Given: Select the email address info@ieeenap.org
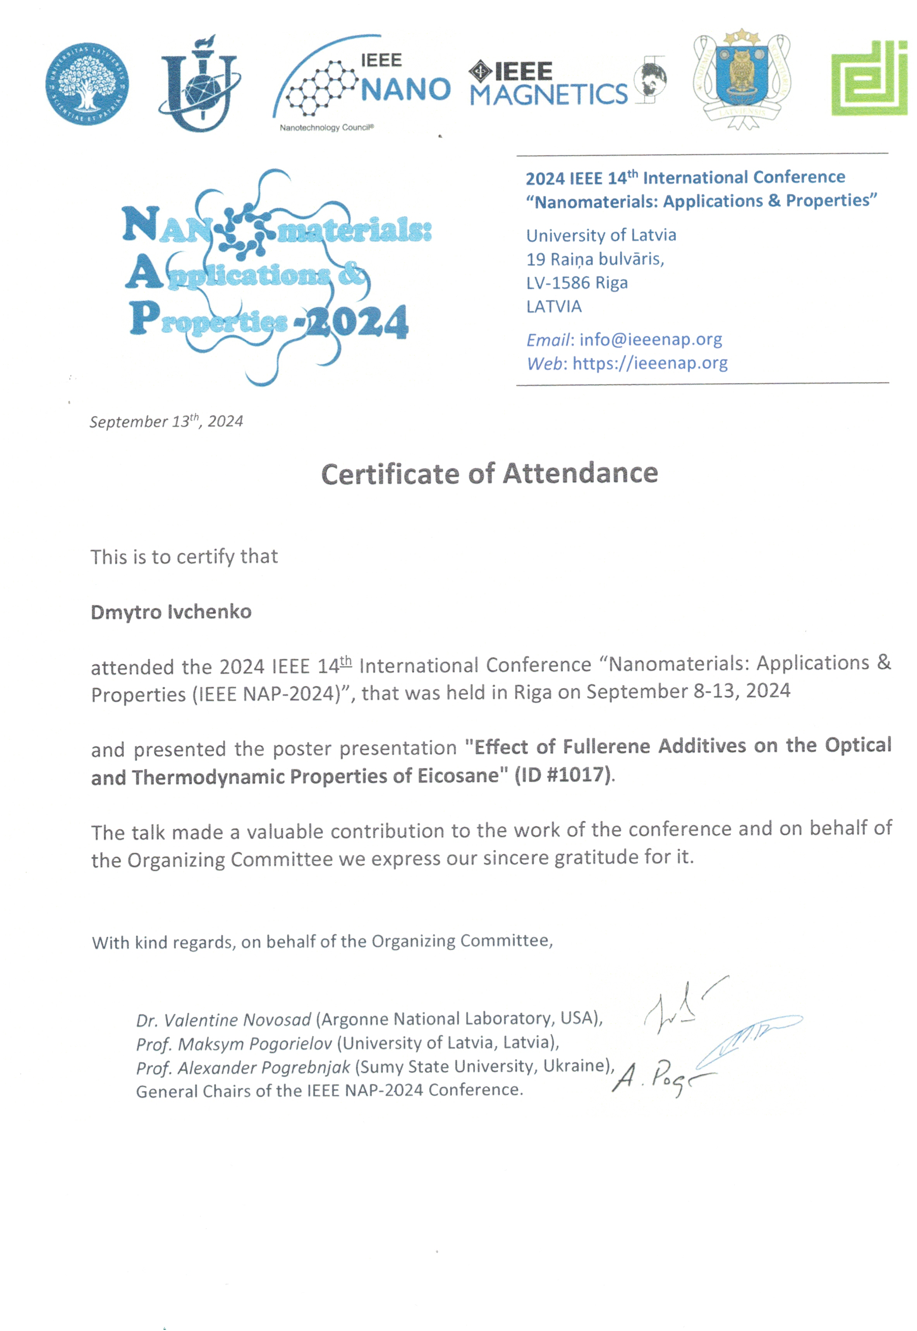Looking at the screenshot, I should tap(651, 340).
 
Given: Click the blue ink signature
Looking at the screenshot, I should tap(747, 1037).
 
